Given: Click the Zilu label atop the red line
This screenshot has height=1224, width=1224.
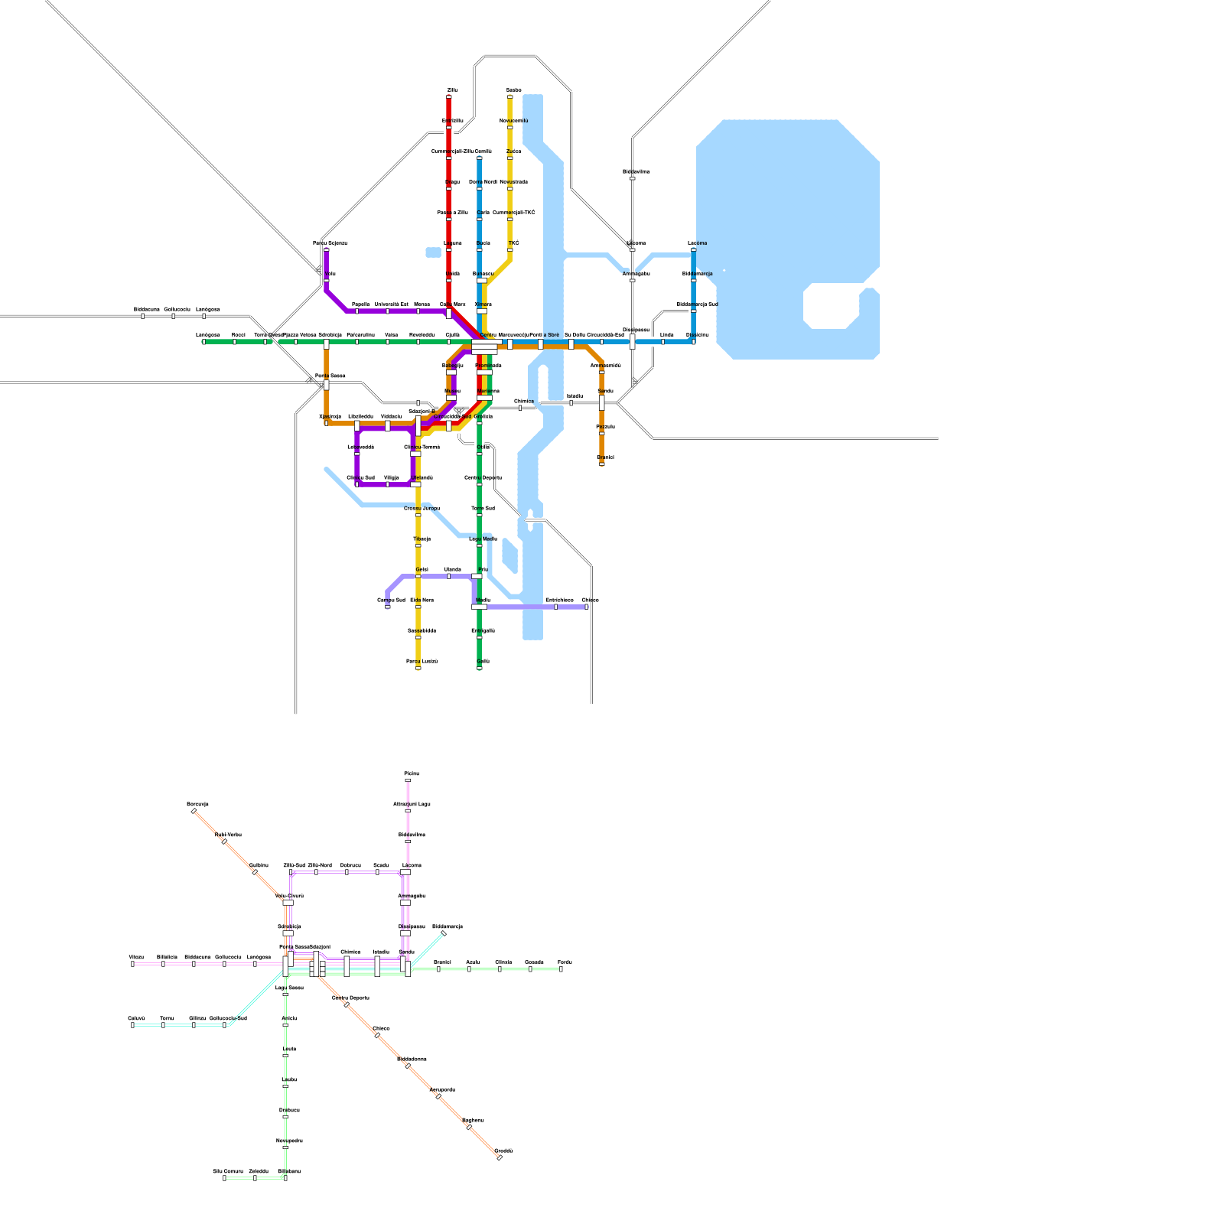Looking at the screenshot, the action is click(452, 90).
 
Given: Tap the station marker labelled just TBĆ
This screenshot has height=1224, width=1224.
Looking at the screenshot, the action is click(510, 249).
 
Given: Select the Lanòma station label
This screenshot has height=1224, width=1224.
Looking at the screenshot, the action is click(697, 243).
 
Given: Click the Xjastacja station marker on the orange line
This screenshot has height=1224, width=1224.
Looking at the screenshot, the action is click(327, 422).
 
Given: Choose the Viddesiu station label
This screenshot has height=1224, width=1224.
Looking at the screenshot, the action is click(391, 416).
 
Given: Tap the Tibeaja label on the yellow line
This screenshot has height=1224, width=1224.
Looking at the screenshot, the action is click(422, 539).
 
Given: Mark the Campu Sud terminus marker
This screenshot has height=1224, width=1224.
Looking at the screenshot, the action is click(388, 607).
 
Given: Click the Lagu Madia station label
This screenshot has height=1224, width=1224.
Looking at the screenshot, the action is click(483, 539).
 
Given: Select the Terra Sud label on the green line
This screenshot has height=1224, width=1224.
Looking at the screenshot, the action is click(483, 508).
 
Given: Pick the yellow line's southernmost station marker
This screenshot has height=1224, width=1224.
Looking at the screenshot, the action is click(418, 668).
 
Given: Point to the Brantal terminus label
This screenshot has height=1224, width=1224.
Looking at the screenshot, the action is click(605, 457).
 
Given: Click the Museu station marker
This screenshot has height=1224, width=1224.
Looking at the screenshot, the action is click(451, 397).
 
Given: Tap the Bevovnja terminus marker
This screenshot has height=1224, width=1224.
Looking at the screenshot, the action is click(194, 811).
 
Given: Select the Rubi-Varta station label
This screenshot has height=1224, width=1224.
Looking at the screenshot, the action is click(228, 835).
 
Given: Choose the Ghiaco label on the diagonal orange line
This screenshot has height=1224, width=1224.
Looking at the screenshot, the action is click(381, 1028).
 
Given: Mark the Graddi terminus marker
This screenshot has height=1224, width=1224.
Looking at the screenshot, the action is click(500, 1157).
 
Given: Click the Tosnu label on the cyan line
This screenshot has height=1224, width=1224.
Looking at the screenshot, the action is click(167, 1018).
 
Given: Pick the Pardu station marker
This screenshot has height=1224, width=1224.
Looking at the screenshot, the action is click(561, 969).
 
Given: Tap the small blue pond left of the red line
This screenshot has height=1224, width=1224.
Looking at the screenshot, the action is click(434, 252).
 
